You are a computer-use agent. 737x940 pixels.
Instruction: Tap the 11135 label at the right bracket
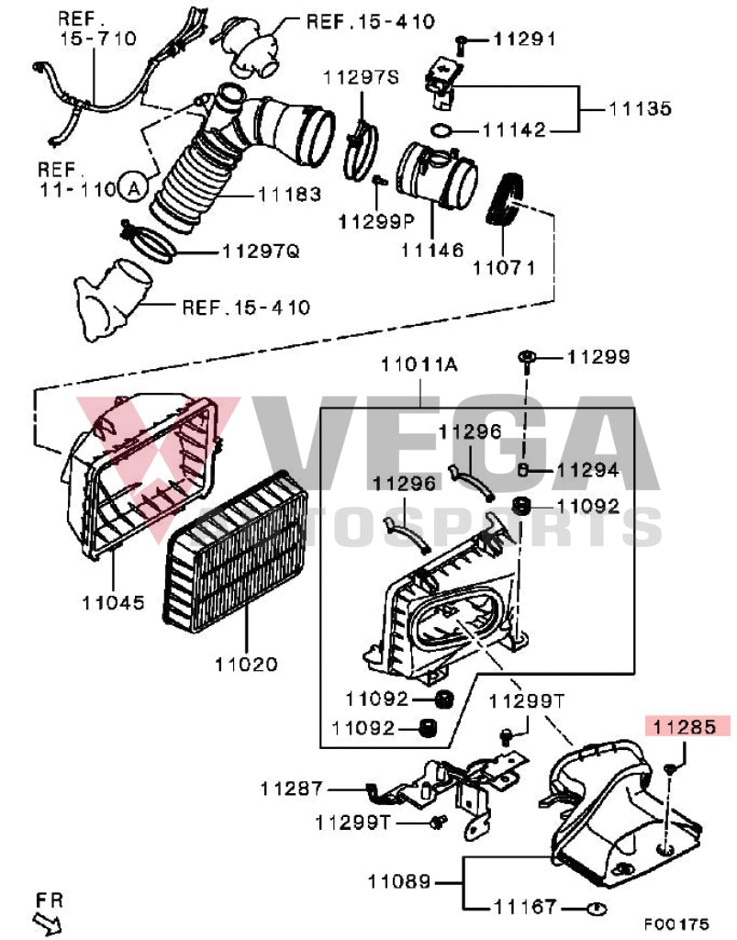click(641, 108)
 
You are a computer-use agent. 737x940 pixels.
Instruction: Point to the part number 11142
click(515, 130)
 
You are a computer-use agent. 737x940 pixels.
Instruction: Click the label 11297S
click(361, 77)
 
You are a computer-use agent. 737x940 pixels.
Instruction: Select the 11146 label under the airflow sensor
click(431, 250)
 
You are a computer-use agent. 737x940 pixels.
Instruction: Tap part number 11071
click(504, 268)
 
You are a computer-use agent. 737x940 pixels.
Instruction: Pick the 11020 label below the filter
click(247, 663)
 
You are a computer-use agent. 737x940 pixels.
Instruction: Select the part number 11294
click(587, 470)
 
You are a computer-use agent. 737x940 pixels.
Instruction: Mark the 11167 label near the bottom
click(525, 907)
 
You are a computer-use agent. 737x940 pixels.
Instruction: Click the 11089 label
click(399, 883)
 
